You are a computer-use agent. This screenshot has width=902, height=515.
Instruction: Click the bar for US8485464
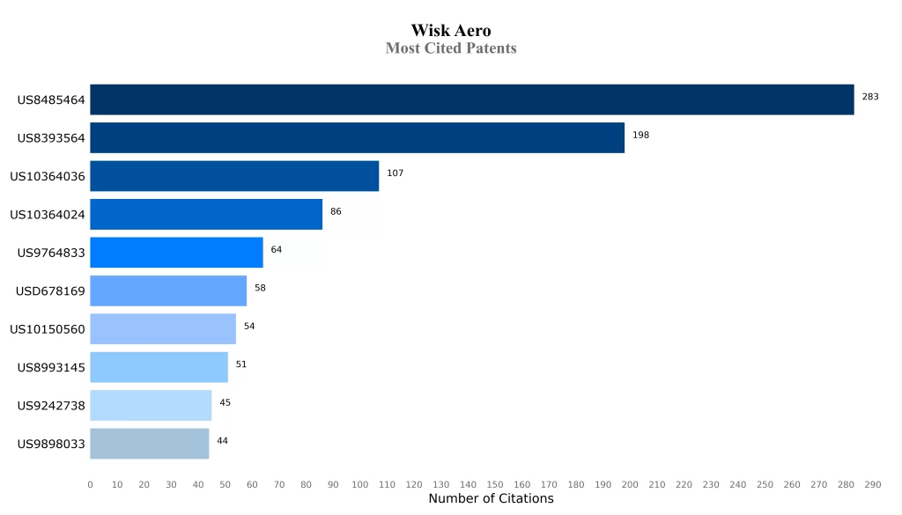point(471,99)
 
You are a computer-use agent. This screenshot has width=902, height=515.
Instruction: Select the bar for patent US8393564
point(357,138)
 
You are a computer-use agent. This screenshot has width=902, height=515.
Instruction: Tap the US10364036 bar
point(234,176)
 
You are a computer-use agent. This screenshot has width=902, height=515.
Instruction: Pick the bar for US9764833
point(176,253)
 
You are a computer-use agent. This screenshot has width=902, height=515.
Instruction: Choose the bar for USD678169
point(168,291)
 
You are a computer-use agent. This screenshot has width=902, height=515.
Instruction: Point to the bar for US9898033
point(149,444)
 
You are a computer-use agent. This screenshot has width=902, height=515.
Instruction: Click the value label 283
point(870,97)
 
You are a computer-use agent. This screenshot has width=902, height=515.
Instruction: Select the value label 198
point(640,135)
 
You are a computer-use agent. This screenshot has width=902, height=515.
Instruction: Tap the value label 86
point(336,211)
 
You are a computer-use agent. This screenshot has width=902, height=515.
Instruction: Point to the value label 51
point(240,364)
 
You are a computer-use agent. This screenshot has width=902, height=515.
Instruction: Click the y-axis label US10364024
point(48,215)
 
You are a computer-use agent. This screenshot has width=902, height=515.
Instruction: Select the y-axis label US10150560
point(48,329)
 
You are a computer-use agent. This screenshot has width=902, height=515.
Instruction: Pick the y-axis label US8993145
point(51,367)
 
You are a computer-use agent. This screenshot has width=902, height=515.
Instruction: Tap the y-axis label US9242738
point(51,406)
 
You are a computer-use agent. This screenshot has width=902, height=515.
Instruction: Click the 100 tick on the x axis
point(359,484)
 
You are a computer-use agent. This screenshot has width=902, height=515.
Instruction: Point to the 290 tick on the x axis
point(873,484)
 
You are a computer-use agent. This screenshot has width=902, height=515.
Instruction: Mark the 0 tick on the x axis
point(90,484)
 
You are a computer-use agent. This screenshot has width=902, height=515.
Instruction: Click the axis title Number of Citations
point(491,499)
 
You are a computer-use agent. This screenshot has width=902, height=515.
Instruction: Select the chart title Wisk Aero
point(451,31)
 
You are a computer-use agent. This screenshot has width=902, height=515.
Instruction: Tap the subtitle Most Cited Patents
point(451,48)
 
